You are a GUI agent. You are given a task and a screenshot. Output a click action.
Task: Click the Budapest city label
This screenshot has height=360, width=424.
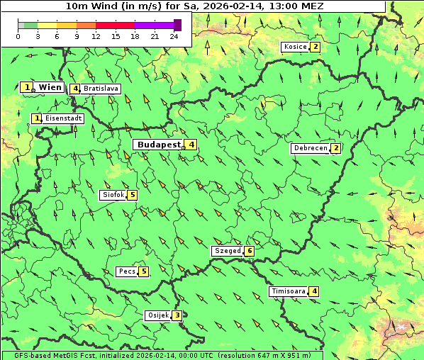point(159,145)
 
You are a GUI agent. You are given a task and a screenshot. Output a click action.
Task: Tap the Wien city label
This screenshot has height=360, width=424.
point(50,87)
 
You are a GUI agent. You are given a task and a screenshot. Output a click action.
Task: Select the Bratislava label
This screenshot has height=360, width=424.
point(101,89)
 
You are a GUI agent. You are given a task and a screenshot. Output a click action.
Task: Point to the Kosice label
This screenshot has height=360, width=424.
point(294,47)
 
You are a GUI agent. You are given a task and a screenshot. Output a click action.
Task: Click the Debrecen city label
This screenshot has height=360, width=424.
point(310,148)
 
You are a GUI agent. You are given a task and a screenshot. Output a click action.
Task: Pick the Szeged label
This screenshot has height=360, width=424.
point(227,251)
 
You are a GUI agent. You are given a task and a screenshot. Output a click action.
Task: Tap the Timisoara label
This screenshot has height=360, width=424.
point(288,291)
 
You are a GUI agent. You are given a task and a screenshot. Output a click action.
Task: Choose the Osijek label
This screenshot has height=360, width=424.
point(158,315)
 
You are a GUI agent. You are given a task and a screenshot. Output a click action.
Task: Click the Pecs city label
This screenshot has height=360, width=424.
point(127,271)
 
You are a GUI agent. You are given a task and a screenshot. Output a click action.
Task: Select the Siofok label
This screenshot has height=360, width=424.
point(113,195)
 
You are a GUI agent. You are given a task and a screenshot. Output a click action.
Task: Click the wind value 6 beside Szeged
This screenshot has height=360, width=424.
point(250,251)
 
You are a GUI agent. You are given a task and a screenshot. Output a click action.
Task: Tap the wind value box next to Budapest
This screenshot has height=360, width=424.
point(191,145)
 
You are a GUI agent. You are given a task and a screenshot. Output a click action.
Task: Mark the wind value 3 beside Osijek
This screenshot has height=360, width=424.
point(177,315)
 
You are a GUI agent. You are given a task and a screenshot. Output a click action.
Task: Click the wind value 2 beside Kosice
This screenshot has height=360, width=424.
point(316,47)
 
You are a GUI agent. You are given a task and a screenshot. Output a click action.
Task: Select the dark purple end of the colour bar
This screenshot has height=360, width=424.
point(177,25)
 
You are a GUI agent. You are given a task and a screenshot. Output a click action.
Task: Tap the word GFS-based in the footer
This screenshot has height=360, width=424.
point(22,355)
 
